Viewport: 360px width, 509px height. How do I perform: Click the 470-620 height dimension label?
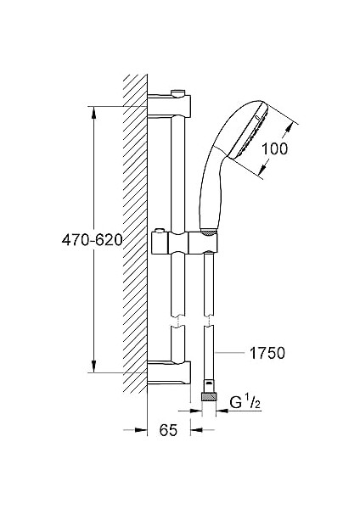pyautogui.click(x=92, y=240)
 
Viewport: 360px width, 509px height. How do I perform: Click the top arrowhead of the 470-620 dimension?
pyautogui.click(x=92, y=111)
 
